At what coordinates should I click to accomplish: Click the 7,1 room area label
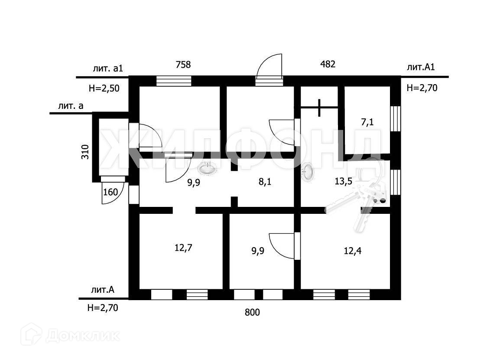[367, 123]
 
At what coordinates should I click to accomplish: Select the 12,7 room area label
[183, 248]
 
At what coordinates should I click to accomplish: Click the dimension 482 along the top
[328, 64]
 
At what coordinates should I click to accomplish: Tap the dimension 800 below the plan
[252, 312]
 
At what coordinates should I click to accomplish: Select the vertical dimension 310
[85, 152]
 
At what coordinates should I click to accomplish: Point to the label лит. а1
[108, 69]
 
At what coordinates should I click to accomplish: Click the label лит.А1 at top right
[421, 67]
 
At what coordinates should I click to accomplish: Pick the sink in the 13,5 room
[308, 172]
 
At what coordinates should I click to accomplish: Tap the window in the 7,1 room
[395, 118]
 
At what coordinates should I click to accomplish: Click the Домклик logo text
[83, 335]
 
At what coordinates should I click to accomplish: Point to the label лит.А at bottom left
[103, 290]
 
